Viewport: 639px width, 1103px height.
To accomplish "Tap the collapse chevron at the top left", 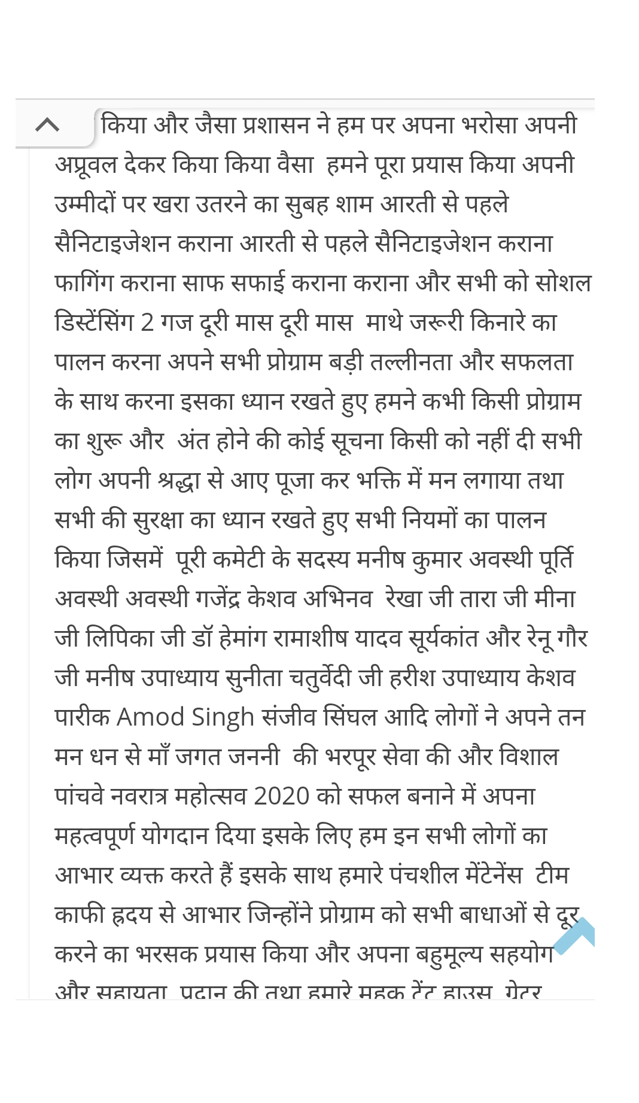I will pos(47,124).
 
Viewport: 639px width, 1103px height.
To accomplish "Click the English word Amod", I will pos(151,717).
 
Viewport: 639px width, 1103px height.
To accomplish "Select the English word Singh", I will pos(223,717).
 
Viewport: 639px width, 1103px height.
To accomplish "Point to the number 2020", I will pos(281,796).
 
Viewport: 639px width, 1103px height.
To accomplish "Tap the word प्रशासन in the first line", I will pos(276,126).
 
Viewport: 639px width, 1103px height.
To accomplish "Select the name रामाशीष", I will pos(311,639).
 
